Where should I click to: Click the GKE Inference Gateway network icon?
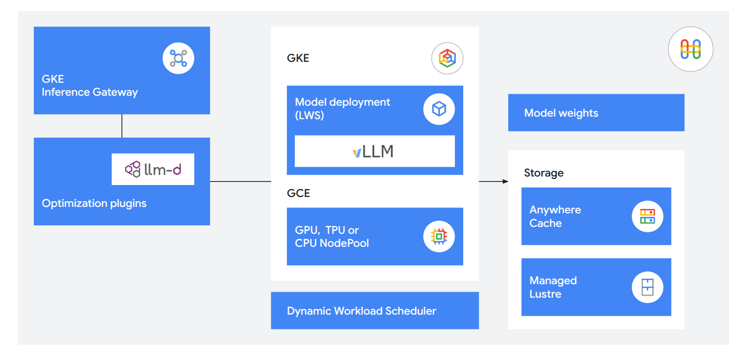pyautogui.click(x=178, y=58)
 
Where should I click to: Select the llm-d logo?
pyautogui.click(x=153, y=169)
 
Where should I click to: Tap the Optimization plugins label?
pyautogui.click(x=94, y=203)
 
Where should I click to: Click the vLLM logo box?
pyautogui.click(x=374, y=151)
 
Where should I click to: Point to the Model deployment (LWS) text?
pyautogui.click(x=343, y=109)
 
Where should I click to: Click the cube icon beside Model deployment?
pyautogui.click(x=439, y=109)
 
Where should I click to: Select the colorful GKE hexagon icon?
pyautogui.click(x=447, y=58)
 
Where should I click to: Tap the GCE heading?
pyautogui.click(x=298, y=193)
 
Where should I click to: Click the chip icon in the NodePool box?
pyautogui.click(x=439, y=236)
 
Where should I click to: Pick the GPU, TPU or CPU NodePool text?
pyautogui.click(x=332, y=237)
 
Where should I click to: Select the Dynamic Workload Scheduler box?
pyautogui.click(x=374, y=311)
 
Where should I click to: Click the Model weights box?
pyautogui.click(x=596, y=113)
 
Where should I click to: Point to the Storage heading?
pyautogui.click(x=544, y=173)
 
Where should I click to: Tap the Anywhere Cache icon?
pyautogui.click(x=647, y=216)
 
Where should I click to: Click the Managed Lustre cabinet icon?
pyautogui.click(x=647, y=287)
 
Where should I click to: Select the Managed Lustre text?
pyautogui.click(x=553, y=287)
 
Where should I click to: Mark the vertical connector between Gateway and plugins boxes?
pyautogui.click(x=122, y=126)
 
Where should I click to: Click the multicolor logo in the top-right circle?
pyautogui.click(x=690, y=49)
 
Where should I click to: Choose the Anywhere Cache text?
pyautogui.click(x=555, y=216)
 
